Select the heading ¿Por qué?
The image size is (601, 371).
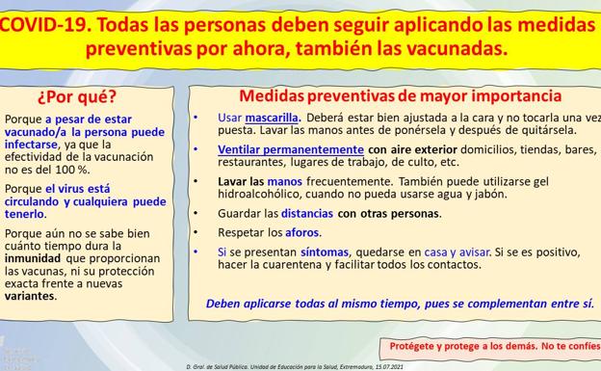pos(77,97)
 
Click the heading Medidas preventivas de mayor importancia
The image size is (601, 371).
pos(400,96)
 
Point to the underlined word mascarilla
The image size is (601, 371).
pos(272,117)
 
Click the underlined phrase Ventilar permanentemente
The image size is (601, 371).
pos(291,150)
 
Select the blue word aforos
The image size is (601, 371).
pos(301,232)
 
